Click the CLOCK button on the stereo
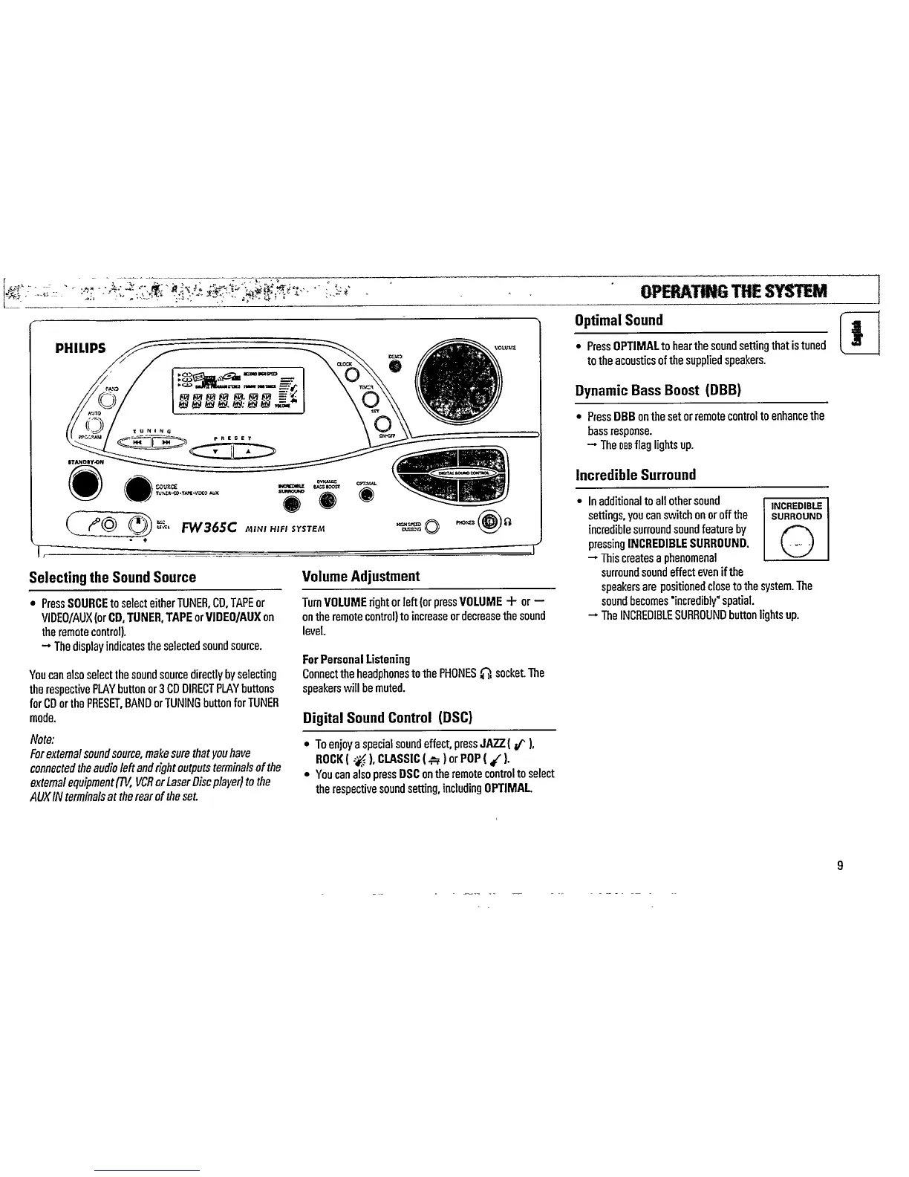(353, 373)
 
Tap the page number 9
(839, 865)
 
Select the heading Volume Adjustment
(361, 577)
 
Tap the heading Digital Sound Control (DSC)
(388, 718)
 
